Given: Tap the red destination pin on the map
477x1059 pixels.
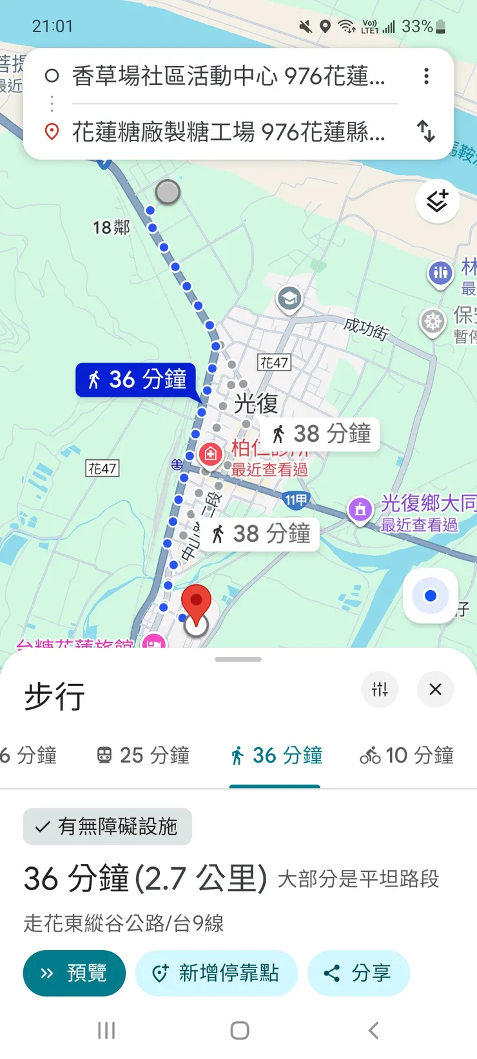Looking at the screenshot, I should tap(196, 601).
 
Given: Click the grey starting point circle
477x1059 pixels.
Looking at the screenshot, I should tap(168, 192).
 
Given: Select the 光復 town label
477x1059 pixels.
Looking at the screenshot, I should tap(256, 403).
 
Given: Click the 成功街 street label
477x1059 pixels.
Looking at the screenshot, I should tap(365, 329).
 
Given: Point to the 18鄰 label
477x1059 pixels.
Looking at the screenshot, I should tap(111, 227).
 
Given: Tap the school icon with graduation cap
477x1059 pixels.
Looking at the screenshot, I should tap(289, 299).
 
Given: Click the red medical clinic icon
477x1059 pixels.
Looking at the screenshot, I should tap(210, 454).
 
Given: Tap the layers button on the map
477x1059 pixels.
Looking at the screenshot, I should tap(437, 201).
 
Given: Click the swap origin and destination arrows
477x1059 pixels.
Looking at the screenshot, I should tap(426, 131).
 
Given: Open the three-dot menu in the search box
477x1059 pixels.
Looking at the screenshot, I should tap(426, 76).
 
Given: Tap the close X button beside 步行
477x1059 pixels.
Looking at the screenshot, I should tap(435, 689).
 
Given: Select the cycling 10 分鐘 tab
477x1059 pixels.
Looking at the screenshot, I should tap(407, 755).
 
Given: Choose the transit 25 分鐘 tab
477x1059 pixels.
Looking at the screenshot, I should tap(143, 755).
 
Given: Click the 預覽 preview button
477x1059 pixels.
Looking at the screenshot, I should tap(74, 973).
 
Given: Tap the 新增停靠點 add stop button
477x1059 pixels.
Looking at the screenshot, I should tap(216, 973).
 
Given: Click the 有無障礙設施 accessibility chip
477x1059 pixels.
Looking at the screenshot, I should tap(108, 826).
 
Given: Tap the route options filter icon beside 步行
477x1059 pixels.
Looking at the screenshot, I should tap(380, 689).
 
